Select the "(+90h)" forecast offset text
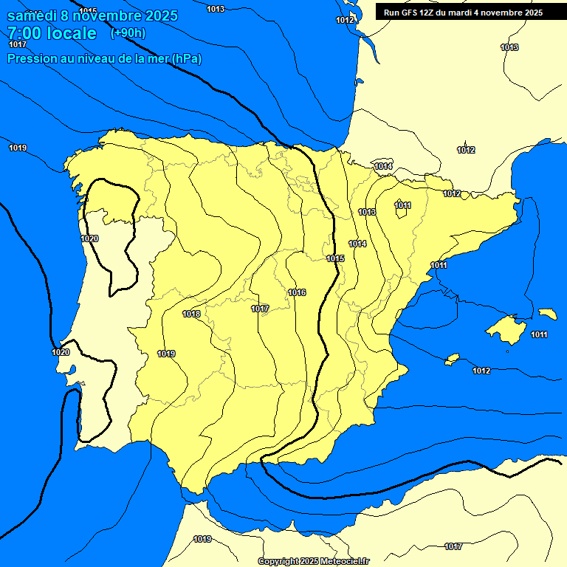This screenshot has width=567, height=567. (128, 32)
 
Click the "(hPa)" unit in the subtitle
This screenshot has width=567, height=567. (187, 58)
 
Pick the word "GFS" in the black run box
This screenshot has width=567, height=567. (413, 12)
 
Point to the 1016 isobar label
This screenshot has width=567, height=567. (297, 293)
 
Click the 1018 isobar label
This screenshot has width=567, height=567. (191, 314)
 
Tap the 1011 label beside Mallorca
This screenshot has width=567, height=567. (539, 335)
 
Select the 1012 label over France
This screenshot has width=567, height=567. (466, 151)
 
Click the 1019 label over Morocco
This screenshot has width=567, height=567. (202, 539)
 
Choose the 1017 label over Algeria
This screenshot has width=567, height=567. (453, 547)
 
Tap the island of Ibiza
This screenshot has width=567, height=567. (453, 359)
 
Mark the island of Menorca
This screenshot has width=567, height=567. (548, 314)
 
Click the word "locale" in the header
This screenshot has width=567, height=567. (71, 33)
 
